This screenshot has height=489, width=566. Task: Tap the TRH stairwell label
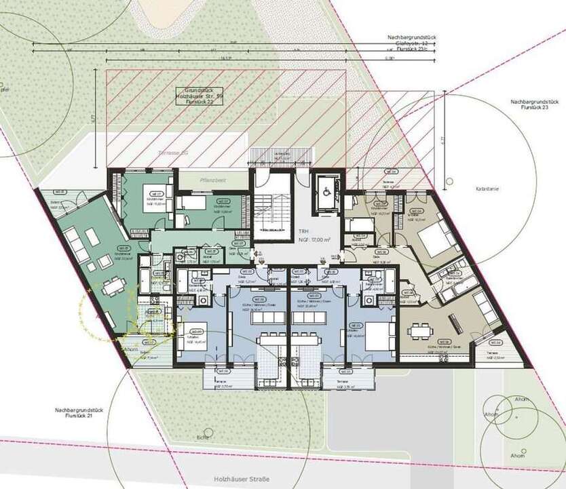(x=303, y=231)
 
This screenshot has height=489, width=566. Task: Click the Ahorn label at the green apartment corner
(x=130, y=350)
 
